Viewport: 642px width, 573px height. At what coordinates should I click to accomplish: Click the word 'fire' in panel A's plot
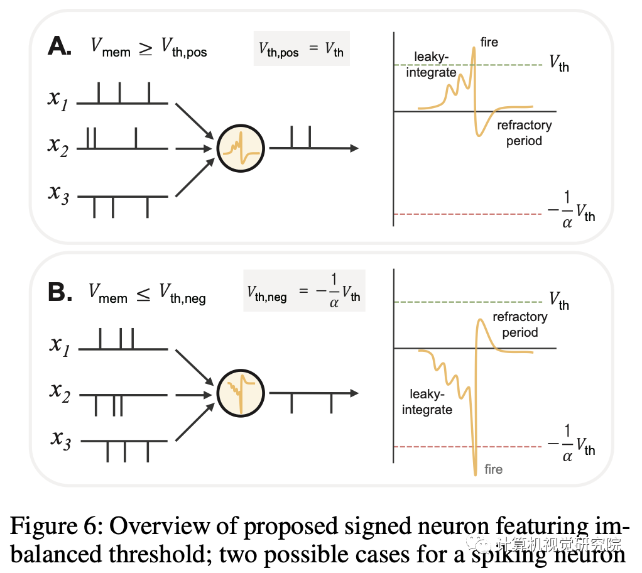click(489, 42)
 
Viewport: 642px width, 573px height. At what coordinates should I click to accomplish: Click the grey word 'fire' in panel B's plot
click(493, 469)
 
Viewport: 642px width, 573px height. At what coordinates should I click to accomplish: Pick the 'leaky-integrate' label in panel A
click(435, 65)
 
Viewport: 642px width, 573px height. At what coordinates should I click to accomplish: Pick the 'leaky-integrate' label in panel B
click(427, 402)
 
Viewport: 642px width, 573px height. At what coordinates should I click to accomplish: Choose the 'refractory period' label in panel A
click(524, 133)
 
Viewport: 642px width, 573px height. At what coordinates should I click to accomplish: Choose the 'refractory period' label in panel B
click(520, 325)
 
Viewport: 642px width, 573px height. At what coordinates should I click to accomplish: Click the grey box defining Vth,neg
click(304, 292)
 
